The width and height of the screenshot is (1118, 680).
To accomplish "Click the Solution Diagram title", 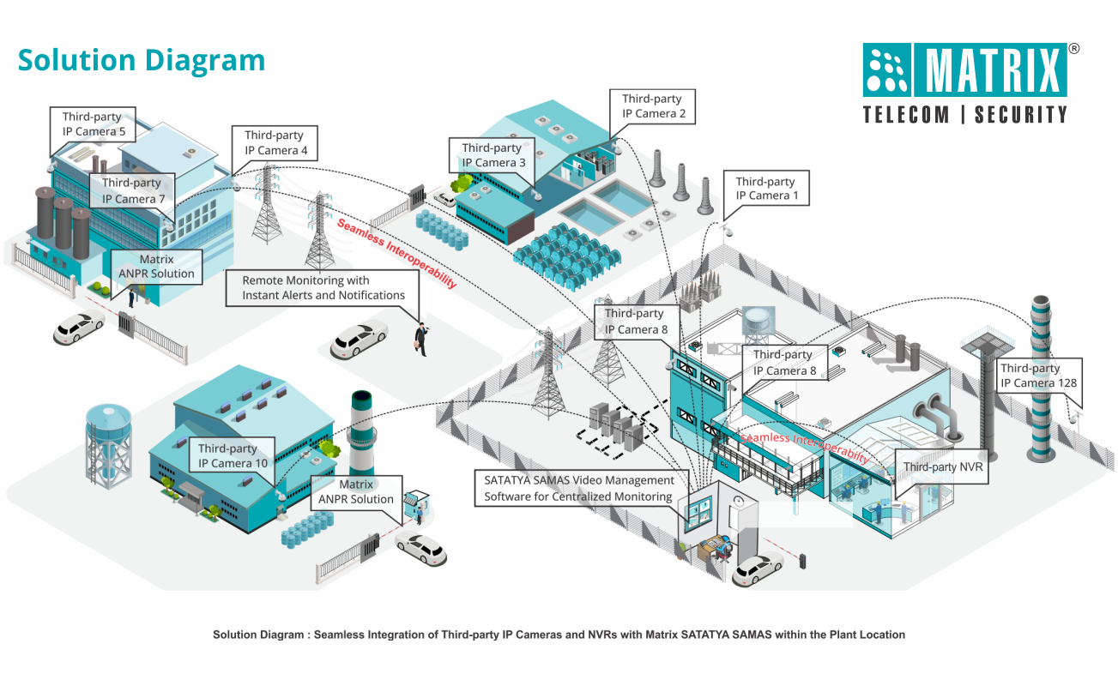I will tap(142, 61).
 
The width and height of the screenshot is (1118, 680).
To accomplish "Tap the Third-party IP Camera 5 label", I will tap(94, 124).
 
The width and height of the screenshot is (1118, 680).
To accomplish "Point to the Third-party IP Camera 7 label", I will tap(133, 190).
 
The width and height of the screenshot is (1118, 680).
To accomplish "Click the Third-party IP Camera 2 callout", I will tap(653, 106).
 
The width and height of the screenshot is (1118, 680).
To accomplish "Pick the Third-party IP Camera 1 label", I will tap(765, 189).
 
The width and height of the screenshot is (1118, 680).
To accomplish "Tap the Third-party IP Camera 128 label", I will tap(1037, 376).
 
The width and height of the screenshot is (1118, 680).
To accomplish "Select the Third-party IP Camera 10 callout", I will tap(233, 456).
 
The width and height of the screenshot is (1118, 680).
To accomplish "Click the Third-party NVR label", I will tap(942, 467).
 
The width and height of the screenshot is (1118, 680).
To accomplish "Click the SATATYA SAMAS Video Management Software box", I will tap(579, 489).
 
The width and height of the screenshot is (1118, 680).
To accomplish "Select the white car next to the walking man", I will tap(359, 339).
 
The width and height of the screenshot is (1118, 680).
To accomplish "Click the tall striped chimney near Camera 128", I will tap(1041, 377).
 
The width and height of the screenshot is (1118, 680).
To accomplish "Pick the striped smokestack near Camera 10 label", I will tap(361, 433).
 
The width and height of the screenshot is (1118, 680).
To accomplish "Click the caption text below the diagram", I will tap(559, 635).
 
